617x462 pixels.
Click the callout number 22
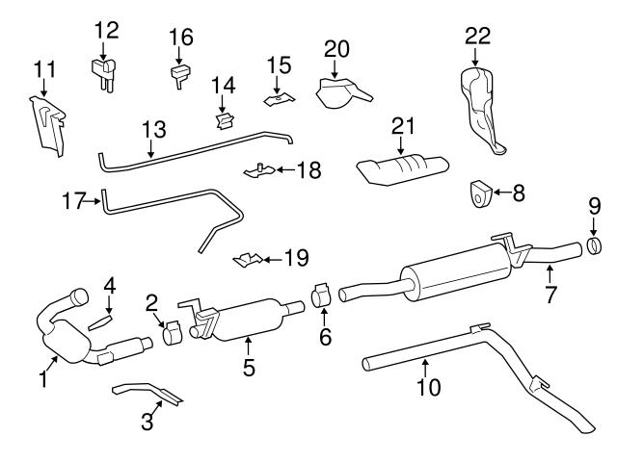point(477,37)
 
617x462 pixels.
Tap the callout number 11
point(44,69)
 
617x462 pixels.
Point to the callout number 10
point(428,387)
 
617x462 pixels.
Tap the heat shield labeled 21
point(402,171)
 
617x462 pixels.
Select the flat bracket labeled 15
point(279,98)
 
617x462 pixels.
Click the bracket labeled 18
point(255,171)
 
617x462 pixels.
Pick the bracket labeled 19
point(249,259)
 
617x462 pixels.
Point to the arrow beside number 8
point(500,193)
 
